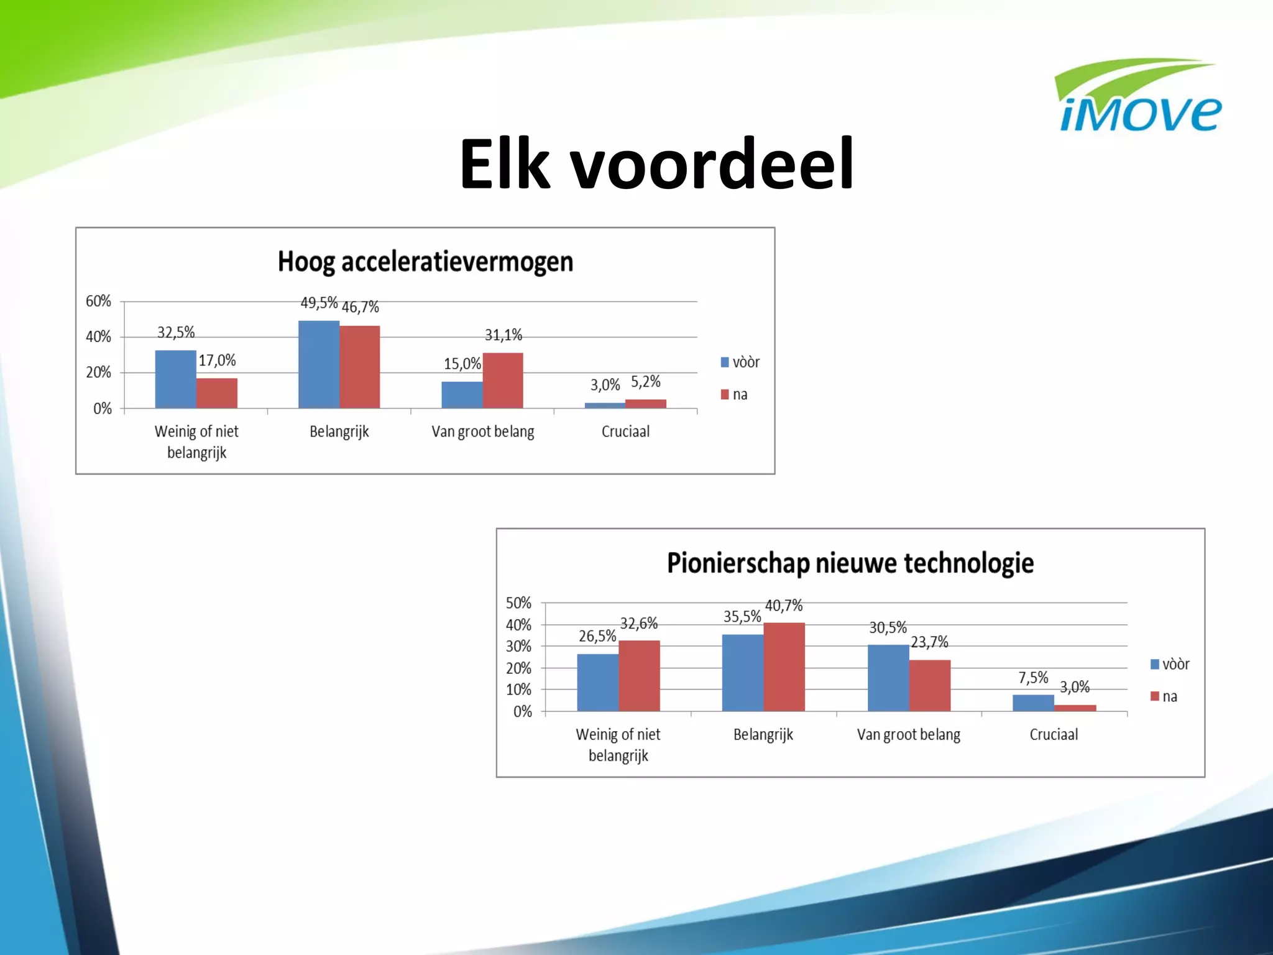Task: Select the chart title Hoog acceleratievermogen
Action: pos(425,262)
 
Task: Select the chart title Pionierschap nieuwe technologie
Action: pos(850,563)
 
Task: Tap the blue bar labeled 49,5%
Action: pos(319,364)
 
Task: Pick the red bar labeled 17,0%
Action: pos(217,393)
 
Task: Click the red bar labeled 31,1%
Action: pos(503,381)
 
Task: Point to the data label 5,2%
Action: pos(645,382)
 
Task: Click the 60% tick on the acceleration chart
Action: pos(98,302)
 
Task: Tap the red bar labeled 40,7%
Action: pos(784,667)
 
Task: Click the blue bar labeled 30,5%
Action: pos(888,678)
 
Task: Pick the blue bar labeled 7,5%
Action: pos(1033,703)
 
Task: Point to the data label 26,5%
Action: pos(597,636)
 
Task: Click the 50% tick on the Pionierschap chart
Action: pos(518,603)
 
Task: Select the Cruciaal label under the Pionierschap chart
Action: pos(1054,734)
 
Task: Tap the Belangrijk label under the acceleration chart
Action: pos(339,431)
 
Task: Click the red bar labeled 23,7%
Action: pos(930,685)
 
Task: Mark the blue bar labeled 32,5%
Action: pos(176,379)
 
